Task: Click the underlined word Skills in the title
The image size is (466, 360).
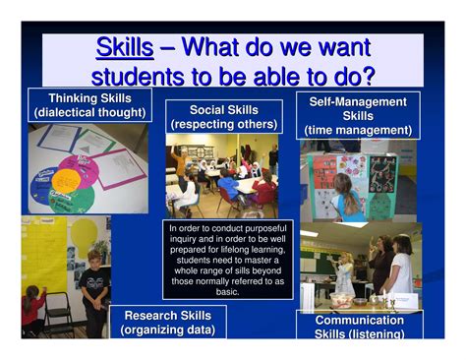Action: click(125, 47)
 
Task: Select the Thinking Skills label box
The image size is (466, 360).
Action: click(89, 105)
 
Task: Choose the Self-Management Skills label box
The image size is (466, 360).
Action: click(358, 116)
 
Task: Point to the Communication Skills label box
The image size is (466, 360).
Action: click(359, 327)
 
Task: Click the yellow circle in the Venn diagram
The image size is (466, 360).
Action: click(67, 180)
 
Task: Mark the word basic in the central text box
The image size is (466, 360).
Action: click(227, 291)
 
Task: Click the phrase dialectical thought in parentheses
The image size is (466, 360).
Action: click(89, 113)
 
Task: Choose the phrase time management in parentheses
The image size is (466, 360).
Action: click(358, 130)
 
